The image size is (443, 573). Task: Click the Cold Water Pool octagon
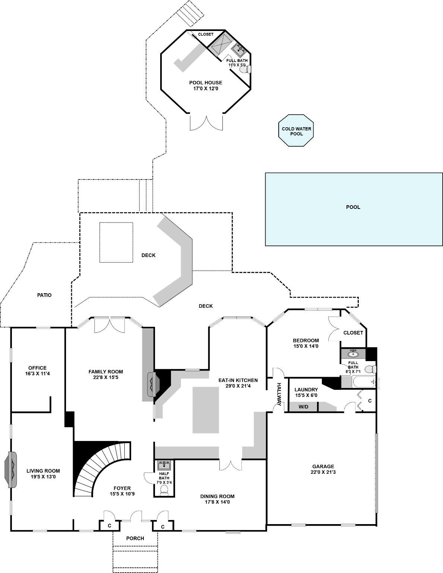[x=296, y=131]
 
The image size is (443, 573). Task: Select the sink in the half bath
[x=164, y=466]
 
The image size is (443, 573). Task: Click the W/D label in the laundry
[x=304, y=407]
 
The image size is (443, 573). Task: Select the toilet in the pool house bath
[x=244, y=69]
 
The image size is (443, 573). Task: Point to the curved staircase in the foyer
[x=101, y=466]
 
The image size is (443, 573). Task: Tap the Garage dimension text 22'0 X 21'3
[x=323, y=472]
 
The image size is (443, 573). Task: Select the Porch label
[x=135, y=538]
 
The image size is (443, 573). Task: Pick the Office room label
[x=37, y=368]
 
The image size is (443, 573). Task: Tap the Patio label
[x=44, y=295]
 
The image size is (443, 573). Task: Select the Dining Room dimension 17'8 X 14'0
[x=217, y=502]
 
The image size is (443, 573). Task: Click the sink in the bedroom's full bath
[x=353, y=353]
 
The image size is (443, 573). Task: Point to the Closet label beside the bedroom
[x=353, y=333]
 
